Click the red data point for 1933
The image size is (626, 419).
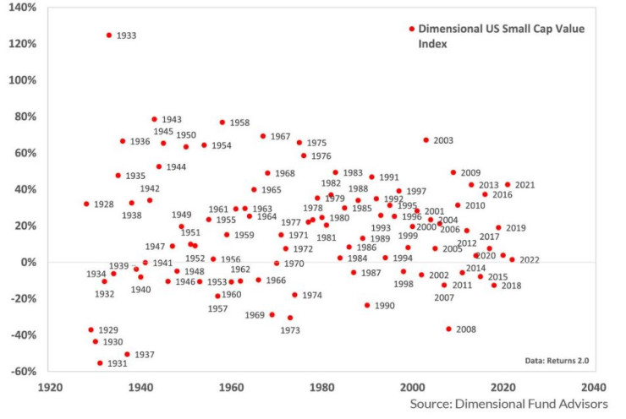pos(109,35)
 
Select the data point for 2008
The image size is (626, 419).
pos(449,329)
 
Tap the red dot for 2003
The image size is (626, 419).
pos(426,140)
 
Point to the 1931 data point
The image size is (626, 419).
pos(100,363)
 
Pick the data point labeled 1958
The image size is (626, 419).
pos(222,122)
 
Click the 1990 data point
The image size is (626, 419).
pos(367,305)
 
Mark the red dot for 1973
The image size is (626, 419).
pos(290,318)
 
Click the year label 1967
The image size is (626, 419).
pos(280,136)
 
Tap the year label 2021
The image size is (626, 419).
pos(524,184)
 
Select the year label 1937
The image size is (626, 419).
pos(145,355)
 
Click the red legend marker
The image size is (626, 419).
pos(412,29)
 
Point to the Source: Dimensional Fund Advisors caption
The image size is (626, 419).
pos(508,405)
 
